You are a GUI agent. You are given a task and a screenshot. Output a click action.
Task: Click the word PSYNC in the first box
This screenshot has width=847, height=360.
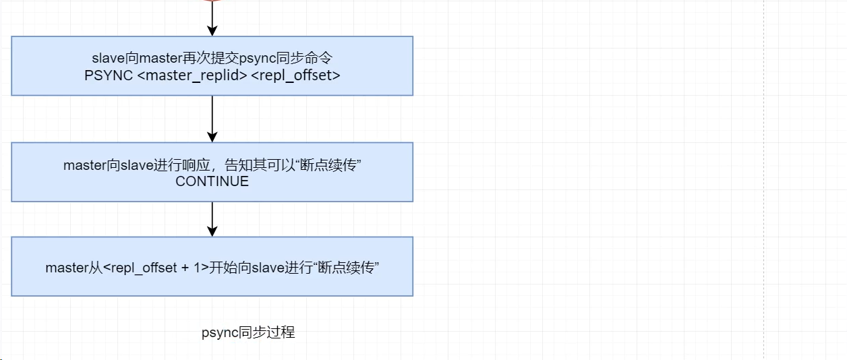[x=109, y=75]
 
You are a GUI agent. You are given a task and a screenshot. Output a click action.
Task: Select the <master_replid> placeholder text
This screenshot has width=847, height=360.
[x=192, y=75]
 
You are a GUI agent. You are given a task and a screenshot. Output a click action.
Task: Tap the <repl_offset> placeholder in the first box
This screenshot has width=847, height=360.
[x=295, y=75]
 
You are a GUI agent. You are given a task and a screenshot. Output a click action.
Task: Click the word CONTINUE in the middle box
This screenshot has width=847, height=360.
[x=212, y=181]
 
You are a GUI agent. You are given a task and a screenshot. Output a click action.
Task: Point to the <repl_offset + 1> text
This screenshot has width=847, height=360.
[x=156, y=268]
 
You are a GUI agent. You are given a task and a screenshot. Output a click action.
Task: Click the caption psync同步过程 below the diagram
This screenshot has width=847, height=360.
[x=248, y=332]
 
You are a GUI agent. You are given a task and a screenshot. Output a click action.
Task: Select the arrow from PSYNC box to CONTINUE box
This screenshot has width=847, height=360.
[x=212, y=119]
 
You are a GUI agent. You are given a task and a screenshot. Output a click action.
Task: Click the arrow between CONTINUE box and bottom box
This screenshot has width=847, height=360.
[x=212, y=219]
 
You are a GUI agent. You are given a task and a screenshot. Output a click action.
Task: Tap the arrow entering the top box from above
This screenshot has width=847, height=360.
[x=212, y=19]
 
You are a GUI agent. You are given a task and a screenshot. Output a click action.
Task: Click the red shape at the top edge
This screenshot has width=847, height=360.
[x=212, y=1]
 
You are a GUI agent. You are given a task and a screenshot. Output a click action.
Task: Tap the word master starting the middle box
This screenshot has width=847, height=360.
[x=85, y=165]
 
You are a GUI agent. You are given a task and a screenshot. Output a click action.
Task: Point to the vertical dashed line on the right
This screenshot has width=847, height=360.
[x=764, y=180]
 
